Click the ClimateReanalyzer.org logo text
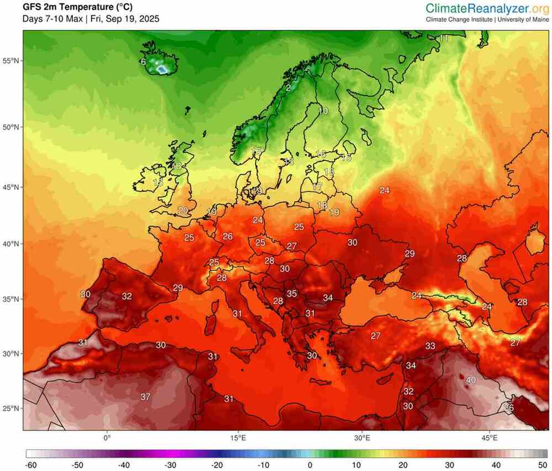click(x=487, y=8)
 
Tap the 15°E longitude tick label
click(x=238, y=438)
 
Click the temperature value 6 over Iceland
click(x=144, y=62)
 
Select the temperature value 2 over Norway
click(x=288, y=88)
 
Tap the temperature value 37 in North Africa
click(x=146, y=397)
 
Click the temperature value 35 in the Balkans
click(x=292, y=294)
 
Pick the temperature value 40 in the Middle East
click(x=471, y=380)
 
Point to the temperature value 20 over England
click(x=183, y=210)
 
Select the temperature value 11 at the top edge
click(x=444, y=38)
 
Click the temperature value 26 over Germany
click(x=227, y=236)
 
